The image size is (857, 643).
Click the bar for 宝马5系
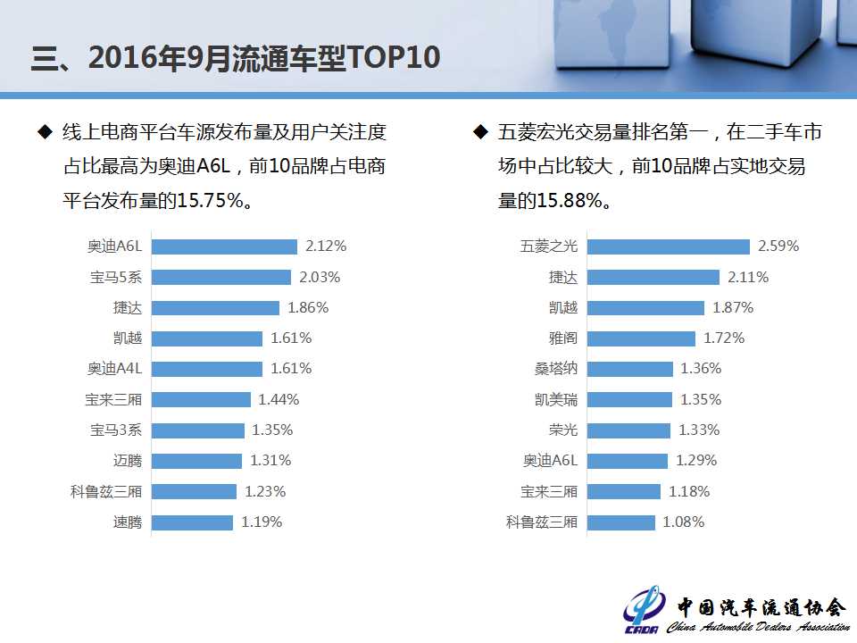coord(221,277)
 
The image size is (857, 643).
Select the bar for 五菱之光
coord(668,246)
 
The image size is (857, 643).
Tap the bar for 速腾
coord(192,522)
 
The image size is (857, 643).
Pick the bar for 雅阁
coord(641,338)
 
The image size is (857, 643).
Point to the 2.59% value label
coord(778,246)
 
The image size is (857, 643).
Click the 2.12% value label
coord(326,246)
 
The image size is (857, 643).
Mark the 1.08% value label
coord(684,522)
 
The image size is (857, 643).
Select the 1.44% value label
coord(279,400)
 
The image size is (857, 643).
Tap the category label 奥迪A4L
coord(115,369)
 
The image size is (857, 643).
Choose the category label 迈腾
coord(128,461)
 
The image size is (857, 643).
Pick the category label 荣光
coord(563,430)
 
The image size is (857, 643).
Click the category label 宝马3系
coord(116,430)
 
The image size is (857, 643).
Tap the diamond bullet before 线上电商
coord(44,132)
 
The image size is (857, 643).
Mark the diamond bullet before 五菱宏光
coord(479,132)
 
